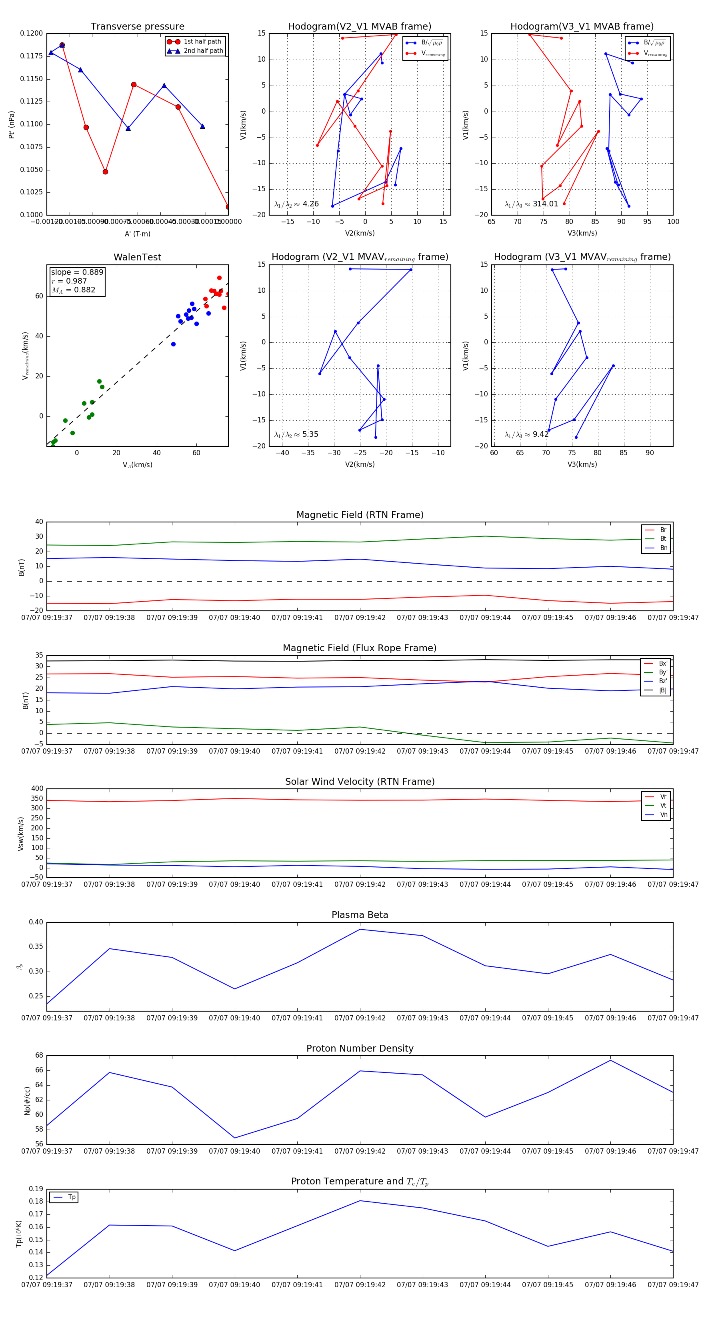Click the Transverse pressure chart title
pyautogui.click(x=137, y=27)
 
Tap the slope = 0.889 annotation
pyautogui.click(x=77, y=272)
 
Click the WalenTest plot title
pyautogui.click(x=137, y=257)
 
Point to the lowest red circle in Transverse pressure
pyautogui.click(x=228, y=207)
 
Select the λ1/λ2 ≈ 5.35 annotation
pyautogui.click(x=296, y=434)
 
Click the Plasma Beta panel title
pyautogui.click(x=360, y=915)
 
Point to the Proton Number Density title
pyautogui.click(x=360, y=1048)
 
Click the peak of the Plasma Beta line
pyautogui.click(x=360, y=929)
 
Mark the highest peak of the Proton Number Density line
pyautogui.click(x=610, y=1060)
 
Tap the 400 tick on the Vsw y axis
pyautogui.click(x=37, y=789)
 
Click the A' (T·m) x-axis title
pyautogui.click(x=137, y=234)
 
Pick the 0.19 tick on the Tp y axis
pyautogui.click(x=36, y=1189)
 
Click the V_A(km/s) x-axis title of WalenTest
pyautogui.click(x=137, y=465)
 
